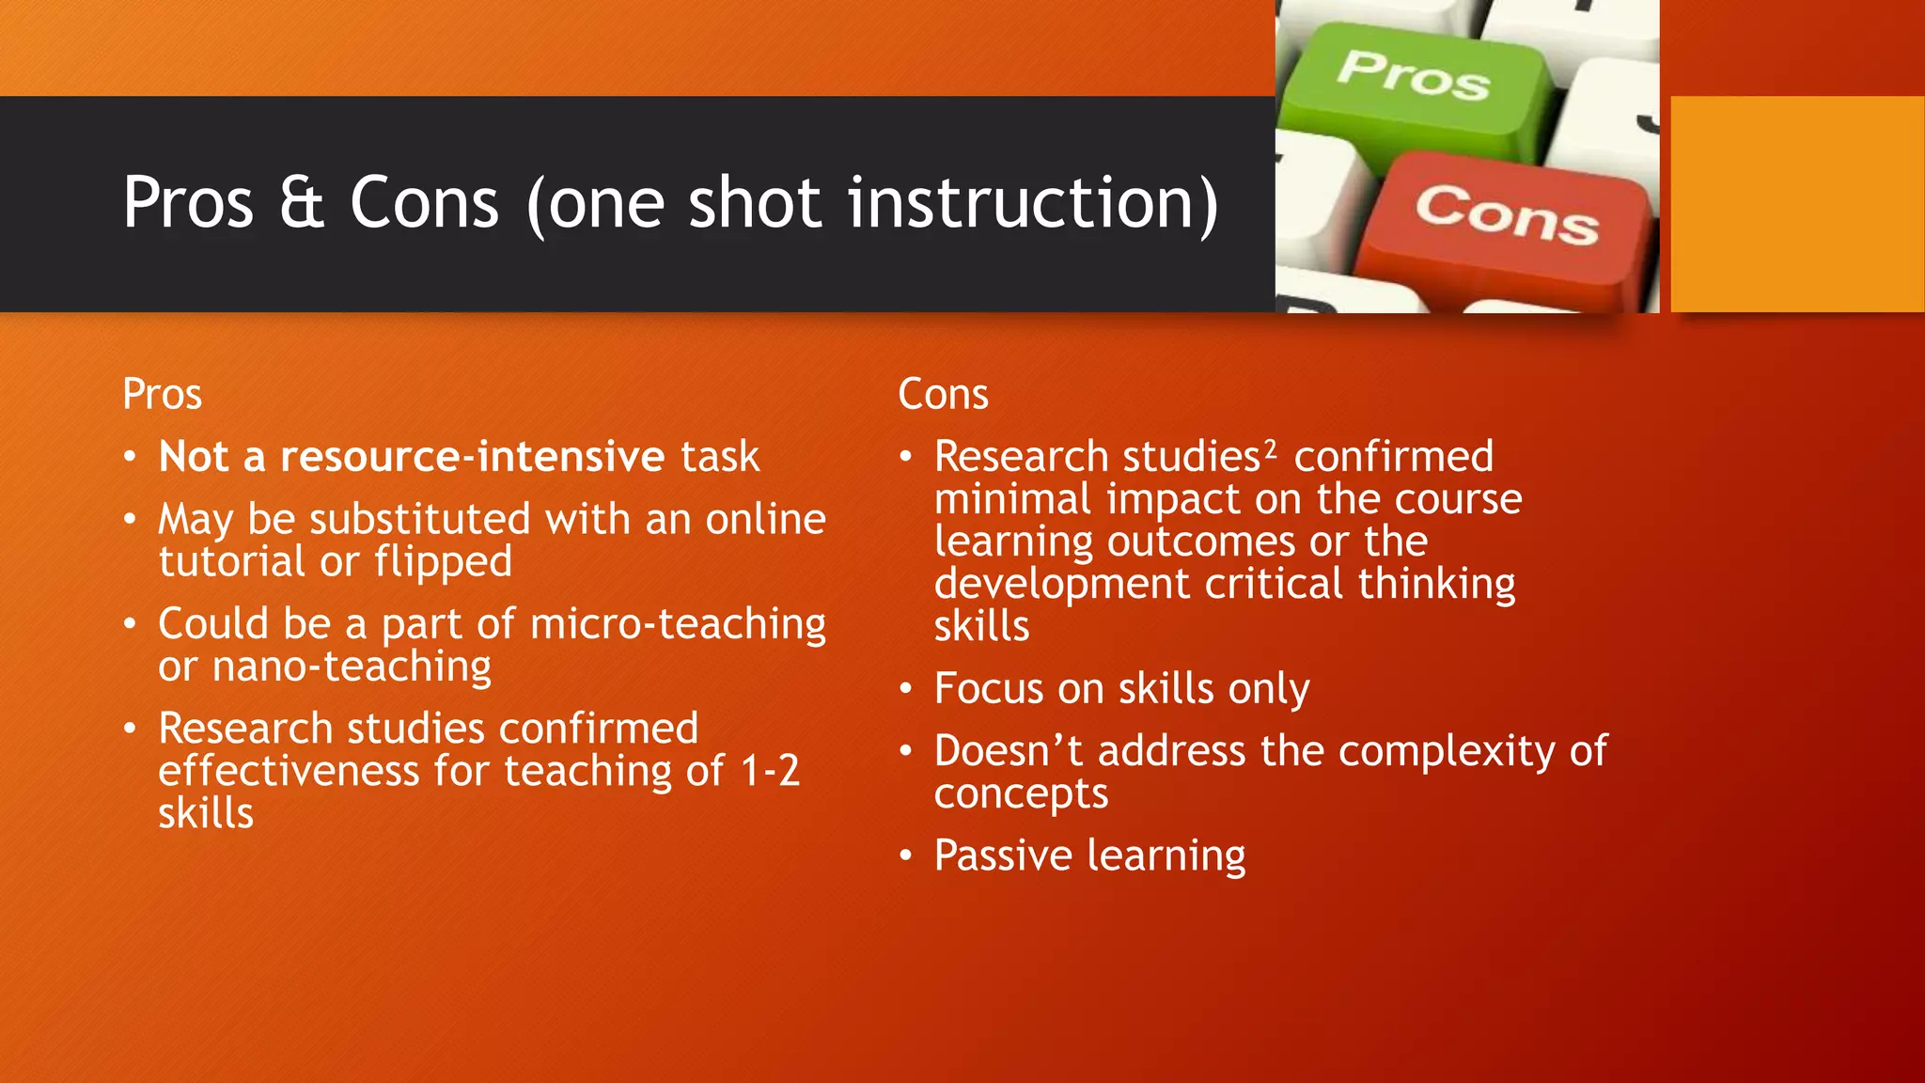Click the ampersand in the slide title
pyautogui.click(x=301, y=203)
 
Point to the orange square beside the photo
pyautogui.click(x=1797, y=204)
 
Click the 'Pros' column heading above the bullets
pyautogui.click(x=162, y=394)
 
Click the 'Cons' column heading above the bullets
pyautogui.click(x=943, y=394)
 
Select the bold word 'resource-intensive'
pyautogui.click(x=473, y=457)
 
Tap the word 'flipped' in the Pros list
pyautogui.click(x=443, y=562)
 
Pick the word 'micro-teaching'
pyautogui.click(x=678, y=624)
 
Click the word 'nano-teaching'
pyautogui.click(x=352, y=667)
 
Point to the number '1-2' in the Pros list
pyautogui.click(x=770, y=772)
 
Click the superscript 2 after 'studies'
pyautogui.click(x=1270, y=448)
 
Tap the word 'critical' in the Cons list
pyautogui.click(x=1275, y=585)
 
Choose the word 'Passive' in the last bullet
pyautogui.click(x=1003, y=855)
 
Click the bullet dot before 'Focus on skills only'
pyautogui.click(x=905, y=690)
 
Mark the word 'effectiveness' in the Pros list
pyautogui.click(x=289, y=772)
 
